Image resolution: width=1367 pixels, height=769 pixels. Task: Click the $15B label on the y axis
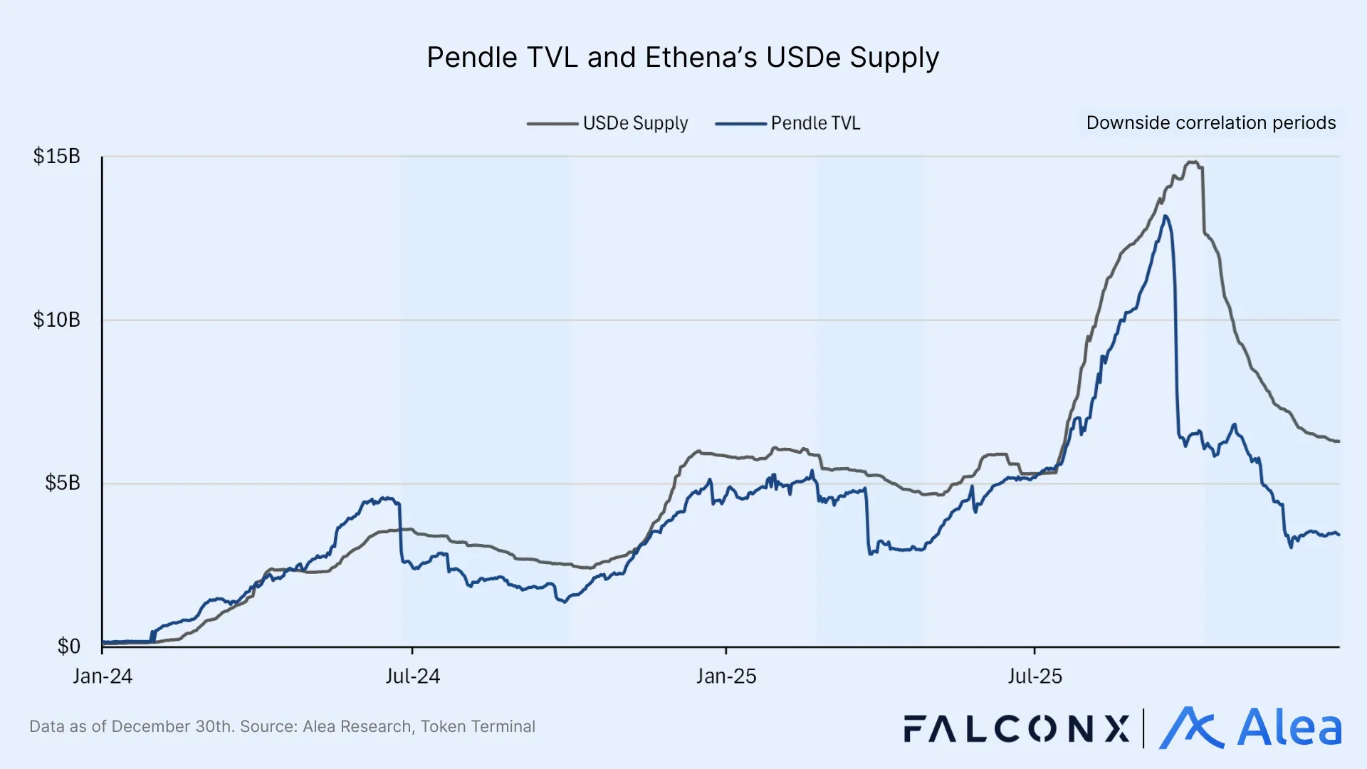tap(56, 156)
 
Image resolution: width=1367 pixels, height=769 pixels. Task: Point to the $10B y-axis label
tap(56, 320)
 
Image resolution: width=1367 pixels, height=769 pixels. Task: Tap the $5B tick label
tap(62, 483)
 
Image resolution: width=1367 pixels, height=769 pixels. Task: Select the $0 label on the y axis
tap(68, 646)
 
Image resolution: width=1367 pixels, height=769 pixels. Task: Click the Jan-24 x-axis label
tap(103, 676)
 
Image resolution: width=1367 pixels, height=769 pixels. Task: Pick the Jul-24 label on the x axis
tap(413, 676)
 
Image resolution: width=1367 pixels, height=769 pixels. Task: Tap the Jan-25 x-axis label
tap(726, 676)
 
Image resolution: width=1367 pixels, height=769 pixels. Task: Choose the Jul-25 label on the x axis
tap(1035, 676)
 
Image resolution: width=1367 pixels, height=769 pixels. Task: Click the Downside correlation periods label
tap(1210, 122)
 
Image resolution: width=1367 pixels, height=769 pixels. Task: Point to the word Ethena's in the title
tap(701, 58)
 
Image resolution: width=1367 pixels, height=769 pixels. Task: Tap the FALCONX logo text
tap(1017, 728)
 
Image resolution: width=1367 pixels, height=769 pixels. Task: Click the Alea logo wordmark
tap(1289, 728)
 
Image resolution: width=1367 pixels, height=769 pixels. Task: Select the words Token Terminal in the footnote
tap(478, 726)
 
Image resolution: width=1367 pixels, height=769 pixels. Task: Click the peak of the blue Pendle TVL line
tap(1165, 216)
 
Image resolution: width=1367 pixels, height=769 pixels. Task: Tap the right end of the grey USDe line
tap(1339, 441)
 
